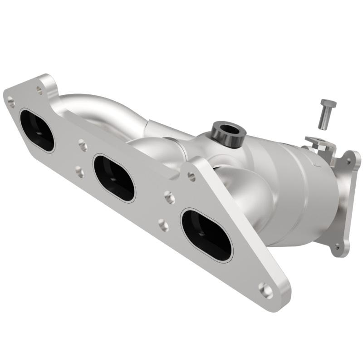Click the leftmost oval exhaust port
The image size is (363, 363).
37,130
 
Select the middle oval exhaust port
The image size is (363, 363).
114,178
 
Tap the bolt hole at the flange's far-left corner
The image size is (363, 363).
11,103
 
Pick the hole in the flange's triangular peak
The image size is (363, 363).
191,177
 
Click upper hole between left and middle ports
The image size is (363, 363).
83,146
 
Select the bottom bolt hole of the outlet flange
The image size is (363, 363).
336,247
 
